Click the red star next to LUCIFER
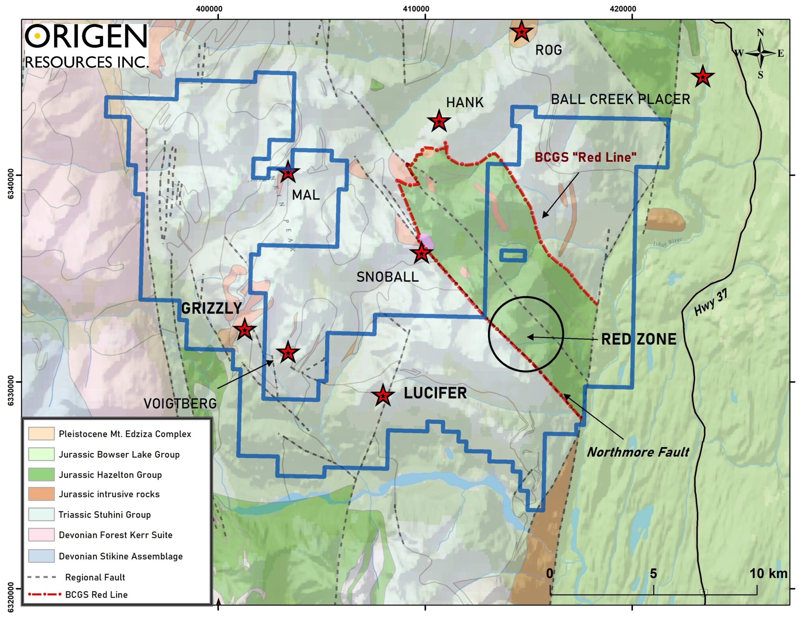(383, 395)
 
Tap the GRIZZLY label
(211, 308)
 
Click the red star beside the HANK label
(439, 121)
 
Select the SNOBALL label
(387, 277)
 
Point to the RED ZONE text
(638, 339)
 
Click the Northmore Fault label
(638, 452)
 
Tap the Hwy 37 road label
(711, 303)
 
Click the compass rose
(760, 53)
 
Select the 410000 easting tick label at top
(416, 9)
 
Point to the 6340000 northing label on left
(11, 184)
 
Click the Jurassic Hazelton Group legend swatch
(41, 474)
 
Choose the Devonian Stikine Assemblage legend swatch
(41, 556)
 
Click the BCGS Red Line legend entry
(96, 594)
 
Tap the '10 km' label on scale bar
(768, 573)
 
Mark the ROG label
(548, 50)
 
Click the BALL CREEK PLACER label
(620, 99)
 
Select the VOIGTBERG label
(180, 403)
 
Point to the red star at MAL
(288, 172)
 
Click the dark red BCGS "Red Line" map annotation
(585, 157)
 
